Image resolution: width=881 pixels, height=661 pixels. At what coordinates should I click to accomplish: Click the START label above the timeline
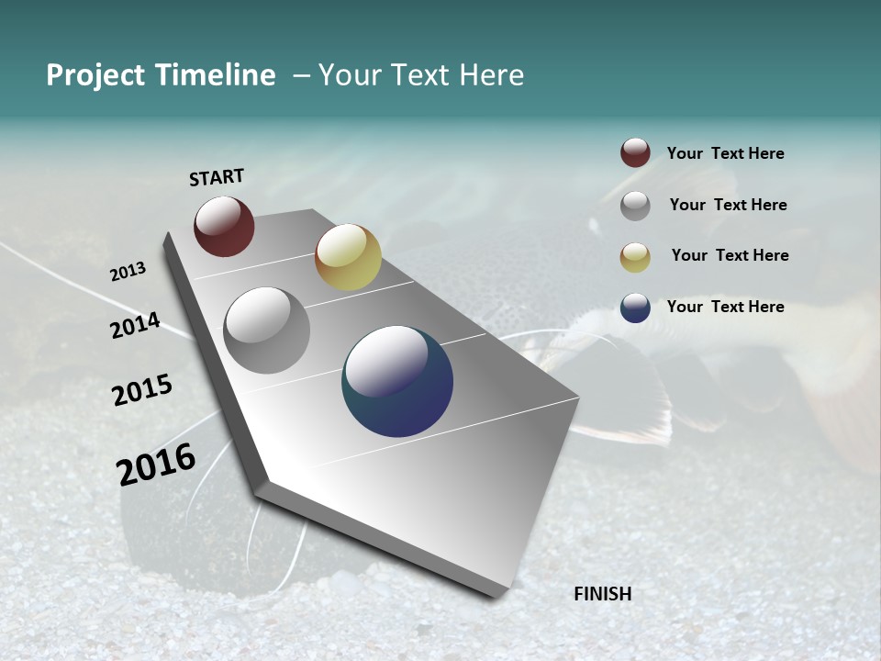[x=217, y=177]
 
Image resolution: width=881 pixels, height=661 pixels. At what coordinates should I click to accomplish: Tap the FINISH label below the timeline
[x=602, y=594]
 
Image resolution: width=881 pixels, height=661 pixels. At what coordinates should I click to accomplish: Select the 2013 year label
[x=128, y=272]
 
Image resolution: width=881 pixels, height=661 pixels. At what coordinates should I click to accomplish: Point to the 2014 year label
[x=135, y=326]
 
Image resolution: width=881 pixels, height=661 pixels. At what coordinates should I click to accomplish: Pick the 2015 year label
[x=142, y=390]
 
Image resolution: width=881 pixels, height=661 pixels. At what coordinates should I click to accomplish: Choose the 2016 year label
[x=156, y=465]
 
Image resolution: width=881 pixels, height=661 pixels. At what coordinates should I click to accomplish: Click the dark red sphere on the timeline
[x=224, y=226]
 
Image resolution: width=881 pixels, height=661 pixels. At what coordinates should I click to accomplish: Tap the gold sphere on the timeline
[x=348, y=257]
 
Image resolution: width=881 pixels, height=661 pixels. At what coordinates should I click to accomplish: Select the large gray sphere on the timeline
[x=267, y=330]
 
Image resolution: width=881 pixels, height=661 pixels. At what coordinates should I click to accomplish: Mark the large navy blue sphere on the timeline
[x=397, y=381]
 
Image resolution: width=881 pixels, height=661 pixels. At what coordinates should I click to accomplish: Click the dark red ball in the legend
[x=635, y=152]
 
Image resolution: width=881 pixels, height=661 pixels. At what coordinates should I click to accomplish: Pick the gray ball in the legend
[x=635, y=206]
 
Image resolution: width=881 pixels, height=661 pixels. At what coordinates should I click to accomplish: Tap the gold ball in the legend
[x=635, y=257]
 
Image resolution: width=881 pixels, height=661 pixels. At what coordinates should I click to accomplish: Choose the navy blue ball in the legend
[x=635, y=308]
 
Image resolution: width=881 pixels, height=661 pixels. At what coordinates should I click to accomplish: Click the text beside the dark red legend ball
[x=725, y=154]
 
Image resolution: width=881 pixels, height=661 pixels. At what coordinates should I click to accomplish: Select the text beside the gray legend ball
[x=728, y=205]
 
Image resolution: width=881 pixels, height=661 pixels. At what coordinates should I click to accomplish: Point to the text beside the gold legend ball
[x=730, y=255]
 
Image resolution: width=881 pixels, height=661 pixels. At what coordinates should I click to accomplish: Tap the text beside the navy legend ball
[x=725, y=307]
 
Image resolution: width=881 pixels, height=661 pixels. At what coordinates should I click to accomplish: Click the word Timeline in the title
[x=214, y=75]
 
